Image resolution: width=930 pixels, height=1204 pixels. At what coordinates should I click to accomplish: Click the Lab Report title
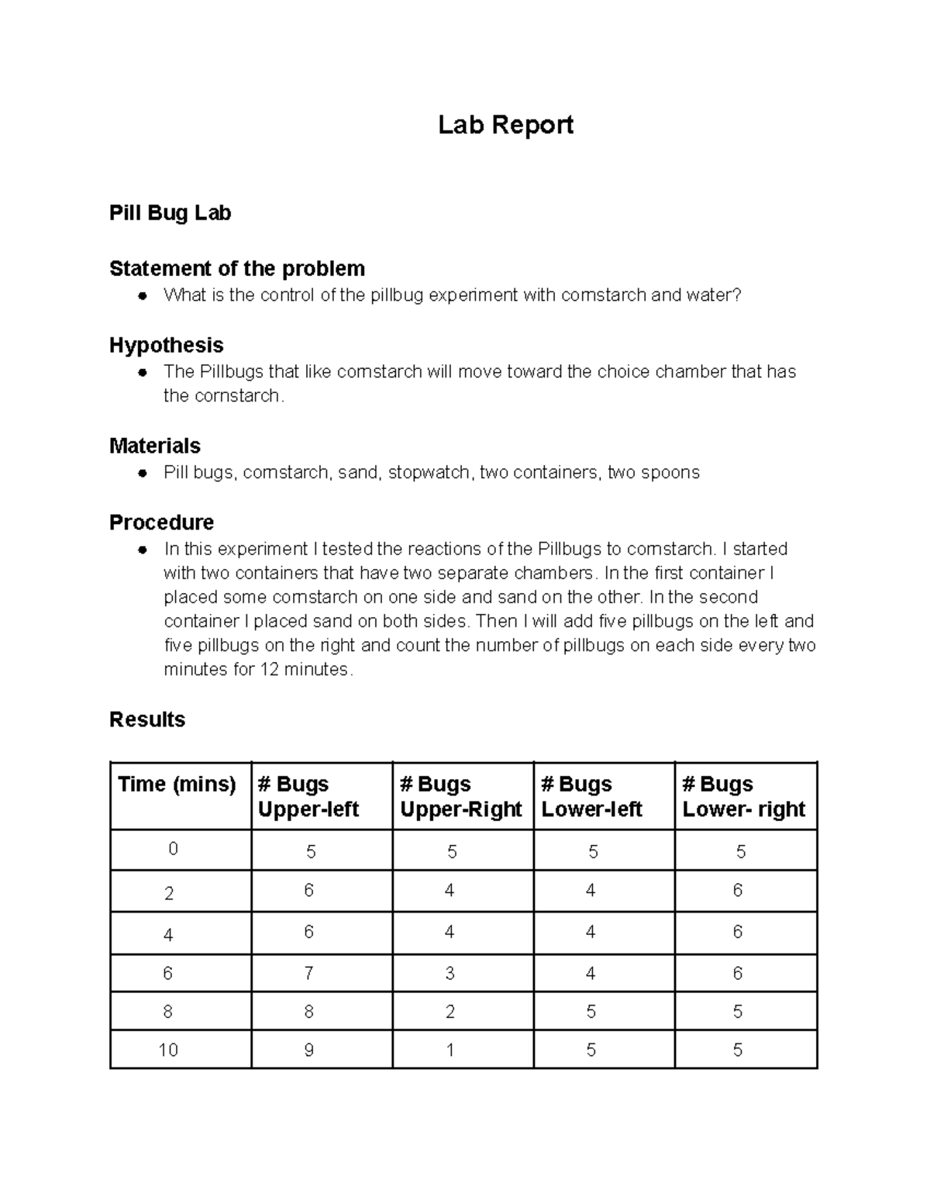(505, 125)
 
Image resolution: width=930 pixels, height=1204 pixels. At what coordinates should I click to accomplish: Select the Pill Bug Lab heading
(170, 213)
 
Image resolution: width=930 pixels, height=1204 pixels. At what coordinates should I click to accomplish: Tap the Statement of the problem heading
(236, 269)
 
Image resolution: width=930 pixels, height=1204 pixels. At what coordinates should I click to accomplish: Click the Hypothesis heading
(166, 345)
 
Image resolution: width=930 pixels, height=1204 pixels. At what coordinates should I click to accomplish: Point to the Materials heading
(154, 446)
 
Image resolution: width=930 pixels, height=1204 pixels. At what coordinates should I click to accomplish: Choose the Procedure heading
(161, 523)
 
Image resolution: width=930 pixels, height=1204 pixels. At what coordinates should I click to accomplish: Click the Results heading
(147, 719)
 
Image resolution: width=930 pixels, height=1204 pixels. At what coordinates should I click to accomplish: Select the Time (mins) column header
(177, 785)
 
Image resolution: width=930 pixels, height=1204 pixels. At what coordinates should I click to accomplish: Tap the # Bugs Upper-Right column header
(461, 796)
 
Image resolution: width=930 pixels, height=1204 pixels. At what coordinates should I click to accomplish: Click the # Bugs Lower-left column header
(591, 796)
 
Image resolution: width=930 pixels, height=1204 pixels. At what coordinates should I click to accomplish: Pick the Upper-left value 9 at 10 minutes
(308, 1050)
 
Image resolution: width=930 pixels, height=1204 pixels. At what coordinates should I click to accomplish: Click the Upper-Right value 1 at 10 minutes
(449, 1050)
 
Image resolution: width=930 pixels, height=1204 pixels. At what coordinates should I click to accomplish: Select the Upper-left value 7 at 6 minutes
(308, 973)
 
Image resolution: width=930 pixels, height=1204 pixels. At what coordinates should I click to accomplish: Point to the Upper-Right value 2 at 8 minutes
(449, 1012)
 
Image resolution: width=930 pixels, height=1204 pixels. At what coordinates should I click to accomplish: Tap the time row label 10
(168, 1050)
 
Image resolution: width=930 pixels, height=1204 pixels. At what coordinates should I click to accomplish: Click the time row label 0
(173, 849)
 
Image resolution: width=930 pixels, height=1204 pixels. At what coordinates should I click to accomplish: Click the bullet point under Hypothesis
(143, 372)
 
